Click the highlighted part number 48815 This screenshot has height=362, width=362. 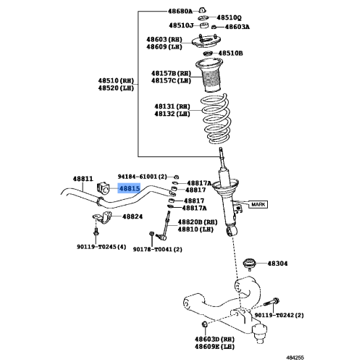[130, 188]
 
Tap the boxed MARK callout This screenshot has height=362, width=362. [258, 205]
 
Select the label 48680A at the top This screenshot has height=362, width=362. [180, 11]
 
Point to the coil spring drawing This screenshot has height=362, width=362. [216, 119]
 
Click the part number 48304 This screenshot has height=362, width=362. [277, 264]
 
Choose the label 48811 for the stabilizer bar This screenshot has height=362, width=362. [83, 179]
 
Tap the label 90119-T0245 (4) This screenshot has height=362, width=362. [101, 247]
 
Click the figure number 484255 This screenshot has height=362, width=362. [295, 358]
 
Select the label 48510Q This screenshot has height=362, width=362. [229, 17]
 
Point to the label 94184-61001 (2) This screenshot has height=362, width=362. [142, 177]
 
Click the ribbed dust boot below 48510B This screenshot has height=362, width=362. [209, 75]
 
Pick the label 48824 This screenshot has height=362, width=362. [132, 216]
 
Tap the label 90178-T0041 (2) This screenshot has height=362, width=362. [158, 249]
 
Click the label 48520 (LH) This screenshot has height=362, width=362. [116, 88]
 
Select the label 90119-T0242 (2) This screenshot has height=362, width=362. [279, 315]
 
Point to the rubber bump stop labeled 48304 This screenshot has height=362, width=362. [248, 263]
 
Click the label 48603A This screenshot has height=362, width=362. [237, 27]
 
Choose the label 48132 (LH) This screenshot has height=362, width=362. [172, 114]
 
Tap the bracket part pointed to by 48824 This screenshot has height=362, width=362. [102, 217]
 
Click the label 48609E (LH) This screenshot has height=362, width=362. [215, 347]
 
